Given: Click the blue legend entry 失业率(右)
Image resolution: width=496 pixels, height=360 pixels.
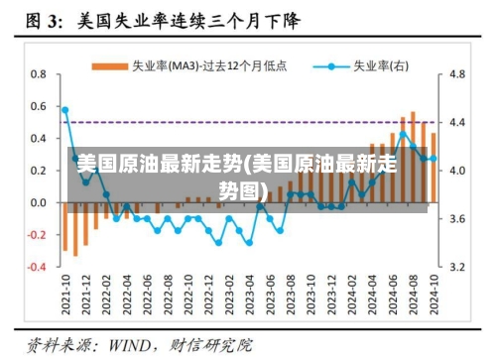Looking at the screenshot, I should click(x=368, y=66).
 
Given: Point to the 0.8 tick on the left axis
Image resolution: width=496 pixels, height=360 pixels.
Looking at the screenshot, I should click(x=39, y=74).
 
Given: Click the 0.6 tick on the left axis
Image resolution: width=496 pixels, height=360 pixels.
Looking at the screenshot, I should click(x=39, y=107).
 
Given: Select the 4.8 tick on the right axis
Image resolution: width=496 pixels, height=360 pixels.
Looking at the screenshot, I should click(x=457, y=74).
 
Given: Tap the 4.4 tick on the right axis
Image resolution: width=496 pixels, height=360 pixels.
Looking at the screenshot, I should click(x=457, y=123).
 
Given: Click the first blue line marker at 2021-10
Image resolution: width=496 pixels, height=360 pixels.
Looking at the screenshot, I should click(x=65, y=110).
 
